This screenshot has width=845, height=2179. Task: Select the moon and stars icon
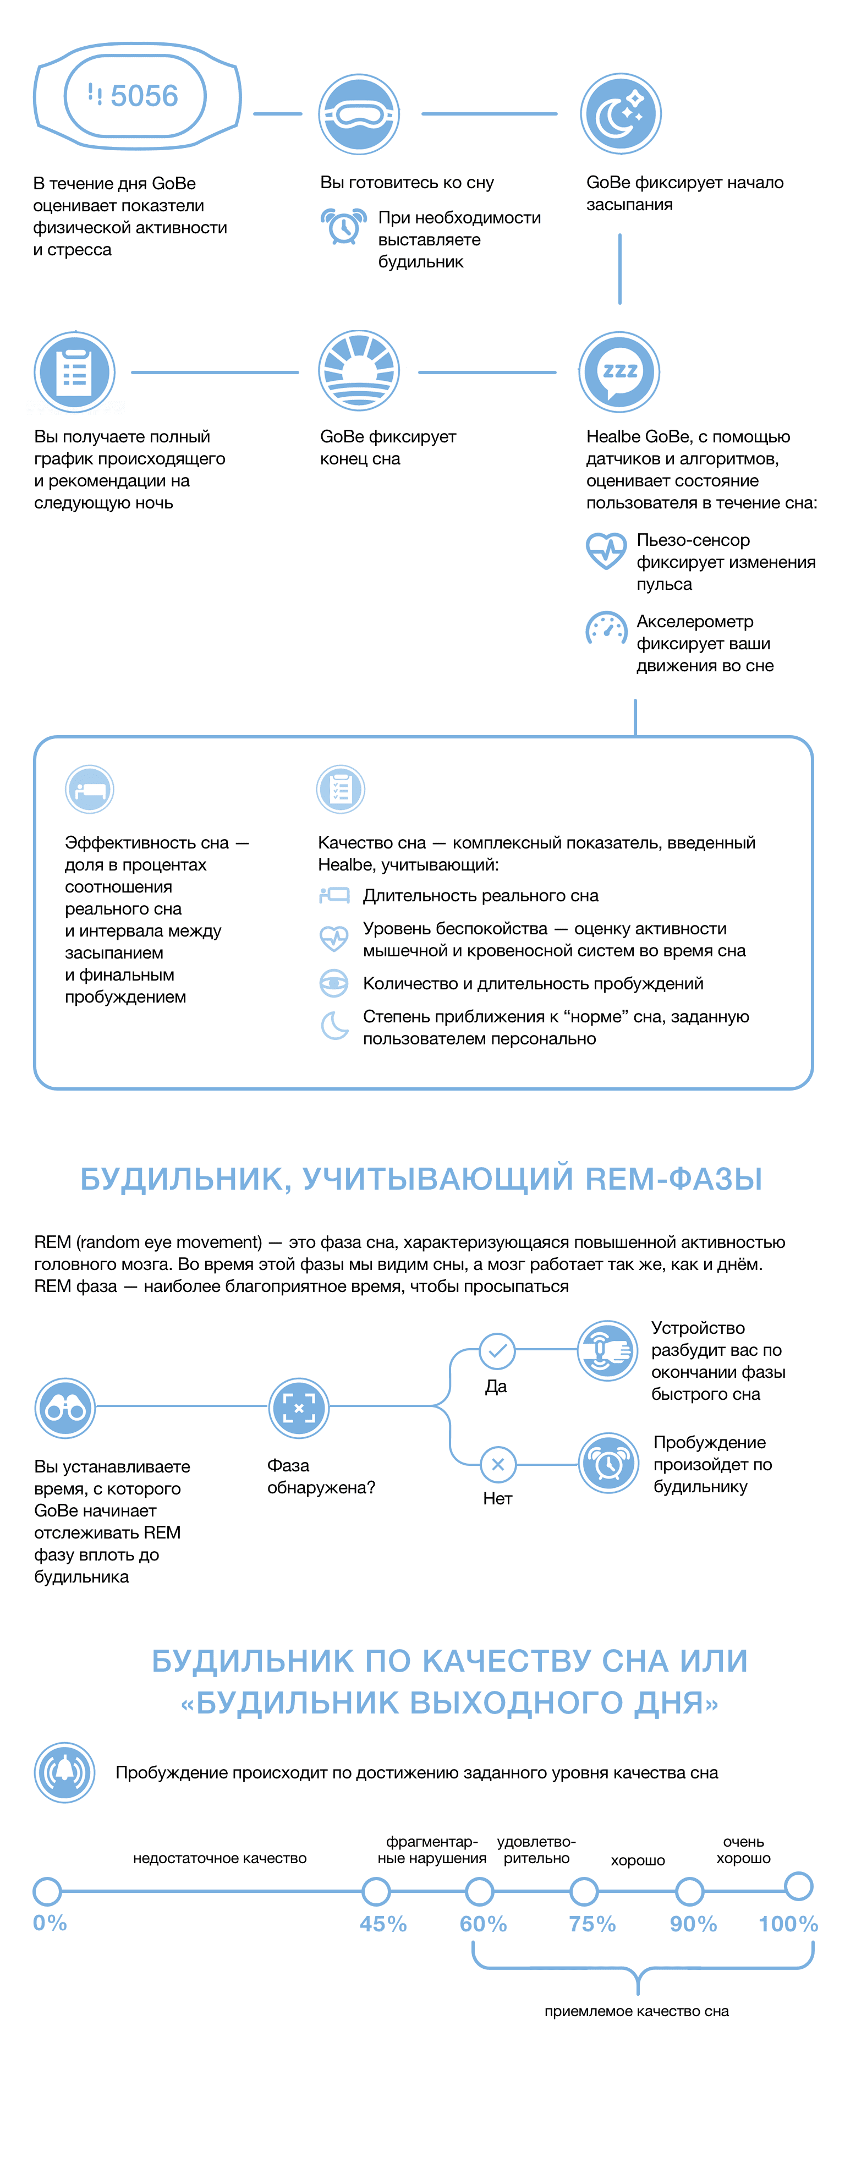point(620,113)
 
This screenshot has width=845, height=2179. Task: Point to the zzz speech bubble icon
point(619,371)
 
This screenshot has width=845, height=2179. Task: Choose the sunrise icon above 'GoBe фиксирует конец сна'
point(359,371)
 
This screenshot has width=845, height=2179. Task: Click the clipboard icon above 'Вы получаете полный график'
point(74,372)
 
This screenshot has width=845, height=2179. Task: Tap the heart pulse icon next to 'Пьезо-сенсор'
point(606,550)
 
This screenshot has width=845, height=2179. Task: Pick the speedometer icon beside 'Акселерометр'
point(606,629)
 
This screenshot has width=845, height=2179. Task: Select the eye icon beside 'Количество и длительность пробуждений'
point(334,983)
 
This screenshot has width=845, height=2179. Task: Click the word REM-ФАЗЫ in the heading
point(673,1178)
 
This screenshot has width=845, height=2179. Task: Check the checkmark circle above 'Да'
point(497,1351)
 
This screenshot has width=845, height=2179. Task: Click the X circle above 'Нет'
point(497,1464)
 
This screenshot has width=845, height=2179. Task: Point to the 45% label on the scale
point(383,1924)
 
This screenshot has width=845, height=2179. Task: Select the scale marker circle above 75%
point(584,1891)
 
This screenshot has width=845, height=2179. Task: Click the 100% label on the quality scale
point(787,1924)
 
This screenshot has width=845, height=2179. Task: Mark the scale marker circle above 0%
point(47,1891)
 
